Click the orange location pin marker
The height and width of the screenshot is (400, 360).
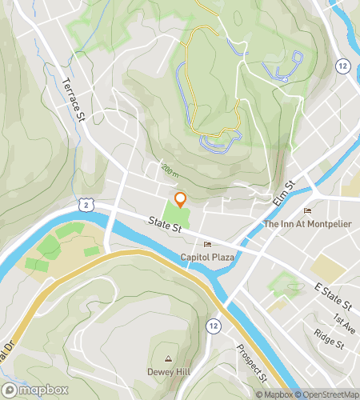click(180, 199)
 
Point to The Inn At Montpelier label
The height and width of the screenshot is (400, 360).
click(308, 223)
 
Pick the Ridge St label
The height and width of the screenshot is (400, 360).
click(328, 338)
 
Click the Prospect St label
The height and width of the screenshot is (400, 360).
click(251, 361)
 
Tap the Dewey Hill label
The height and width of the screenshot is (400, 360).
click(168, 372)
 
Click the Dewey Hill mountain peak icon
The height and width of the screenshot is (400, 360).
click(169, 358)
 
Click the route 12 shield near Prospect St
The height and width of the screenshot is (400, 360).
click(213, 326)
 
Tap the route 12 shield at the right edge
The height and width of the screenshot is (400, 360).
click(342, 65)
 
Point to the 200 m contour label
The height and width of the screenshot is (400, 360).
click(168, 170)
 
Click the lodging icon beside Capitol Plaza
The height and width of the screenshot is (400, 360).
click(208, 244)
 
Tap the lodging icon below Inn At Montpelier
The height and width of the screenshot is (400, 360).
click(308, 210)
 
